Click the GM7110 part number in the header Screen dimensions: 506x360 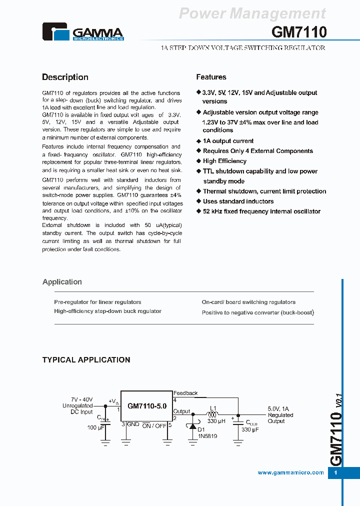point(299,32)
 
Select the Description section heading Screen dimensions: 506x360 point(65,77)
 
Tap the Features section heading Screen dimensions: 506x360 point(211,77)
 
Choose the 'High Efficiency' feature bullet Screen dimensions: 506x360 point(224,161)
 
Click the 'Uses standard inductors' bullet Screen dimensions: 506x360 point(238,201)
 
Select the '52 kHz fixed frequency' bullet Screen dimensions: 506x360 point(261,211)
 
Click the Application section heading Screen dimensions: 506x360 point(62,282)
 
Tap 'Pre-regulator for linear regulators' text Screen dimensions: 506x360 point(97,302)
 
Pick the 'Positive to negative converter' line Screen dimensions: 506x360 point(257,312)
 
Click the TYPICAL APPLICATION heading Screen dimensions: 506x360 point(86,359)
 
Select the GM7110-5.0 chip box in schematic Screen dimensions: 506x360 point(147,406)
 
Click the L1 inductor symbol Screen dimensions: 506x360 point(212,414)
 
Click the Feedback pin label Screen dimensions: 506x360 point(185,393)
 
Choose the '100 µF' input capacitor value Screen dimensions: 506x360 point(95,427)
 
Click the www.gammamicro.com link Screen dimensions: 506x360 point(290,472)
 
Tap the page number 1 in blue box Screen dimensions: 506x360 point(335,473)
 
